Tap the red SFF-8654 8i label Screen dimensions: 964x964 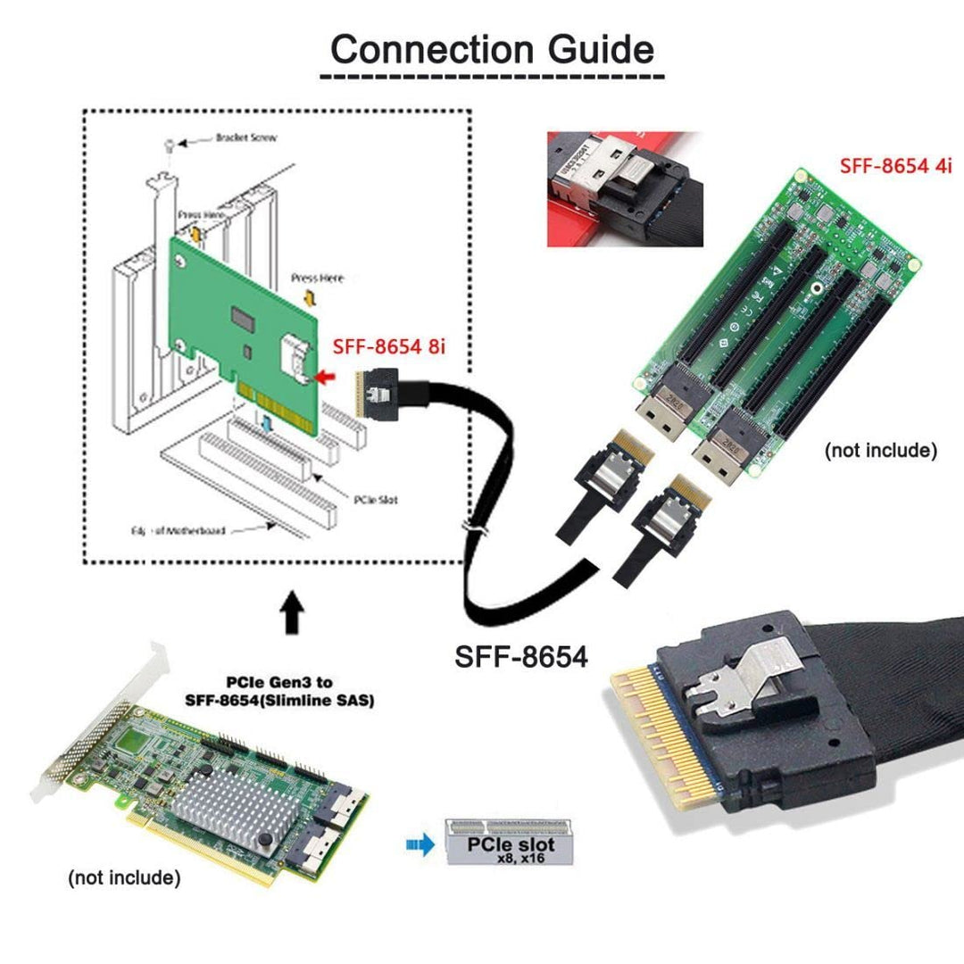click(x=387, y=346)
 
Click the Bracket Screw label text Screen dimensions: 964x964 click(x=246, y=138)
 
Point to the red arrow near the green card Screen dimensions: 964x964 click(x=327, y=378)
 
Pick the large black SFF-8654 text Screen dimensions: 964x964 click(x=522, y=657)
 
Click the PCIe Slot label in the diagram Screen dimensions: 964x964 click(x=376, y=499)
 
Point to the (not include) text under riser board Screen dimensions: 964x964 click(x=880, y=450)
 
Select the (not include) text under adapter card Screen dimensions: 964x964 click(x=125, y=878)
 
